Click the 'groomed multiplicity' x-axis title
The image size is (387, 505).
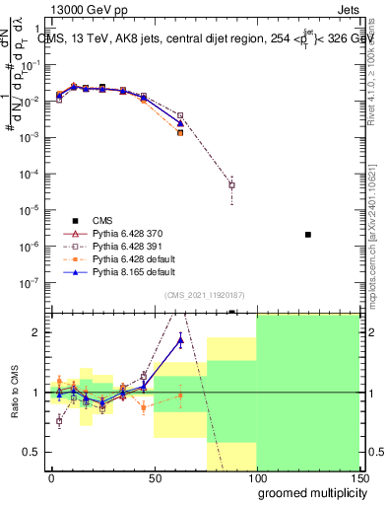308,491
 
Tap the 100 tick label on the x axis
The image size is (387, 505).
256,477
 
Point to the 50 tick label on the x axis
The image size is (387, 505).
154,477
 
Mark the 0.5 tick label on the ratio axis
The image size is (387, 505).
35,452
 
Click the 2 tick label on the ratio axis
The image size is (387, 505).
40,332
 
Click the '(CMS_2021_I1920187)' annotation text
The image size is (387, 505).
203,296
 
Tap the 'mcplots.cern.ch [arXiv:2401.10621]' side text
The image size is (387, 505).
377,237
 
